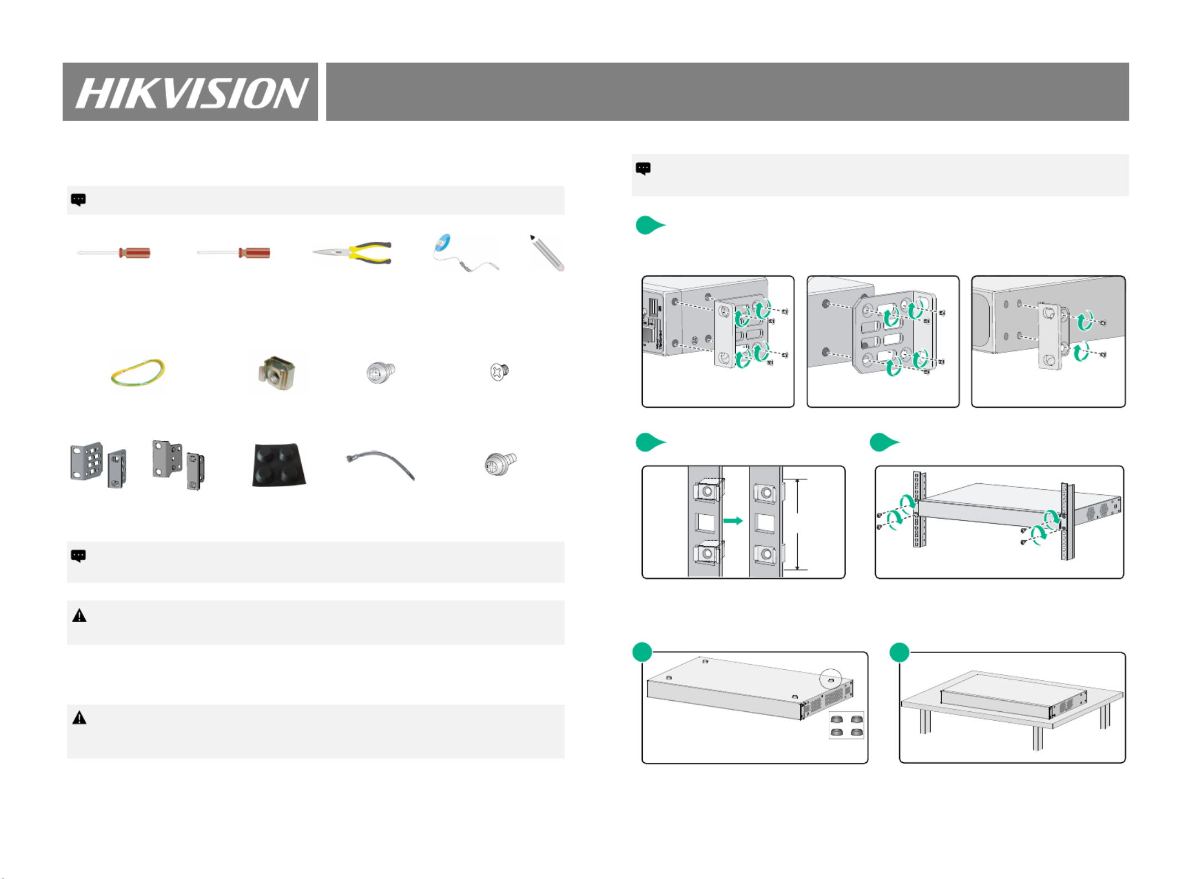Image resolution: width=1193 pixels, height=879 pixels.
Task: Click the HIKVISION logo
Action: (191, 92)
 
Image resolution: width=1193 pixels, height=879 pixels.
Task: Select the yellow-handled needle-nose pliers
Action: (354, 253)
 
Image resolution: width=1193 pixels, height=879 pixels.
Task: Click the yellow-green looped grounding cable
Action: (137, 372)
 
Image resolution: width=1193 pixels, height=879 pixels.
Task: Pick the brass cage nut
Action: (277, 373)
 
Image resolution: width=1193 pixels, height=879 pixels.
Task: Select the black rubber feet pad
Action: (279, 464)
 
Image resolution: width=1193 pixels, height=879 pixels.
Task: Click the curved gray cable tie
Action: (381, 464)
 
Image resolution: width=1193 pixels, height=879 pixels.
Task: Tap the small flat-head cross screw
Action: (499, 371)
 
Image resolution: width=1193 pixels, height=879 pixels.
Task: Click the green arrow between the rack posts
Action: (733, 520)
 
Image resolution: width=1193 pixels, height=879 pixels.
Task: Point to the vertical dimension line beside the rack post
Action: (797, 524)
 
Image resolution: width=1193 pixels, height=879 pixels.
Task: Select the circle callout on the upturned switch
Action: (830, 679)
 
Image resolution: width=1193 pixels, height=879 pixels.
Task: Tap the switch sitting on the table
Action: (1013, 696)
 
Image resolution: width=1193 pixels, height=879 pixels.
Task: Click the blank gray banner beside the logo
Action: (727, 92)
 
